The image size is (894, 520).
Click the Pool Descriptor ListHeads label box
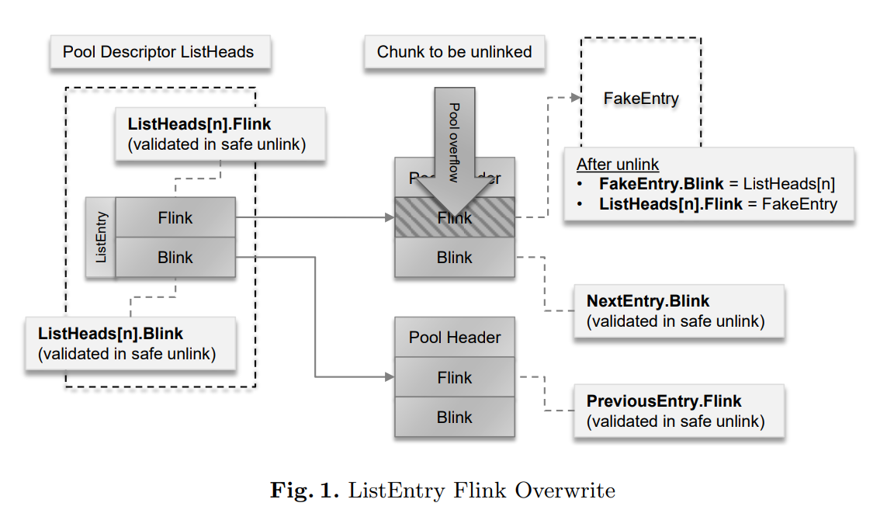(x=158, y=53)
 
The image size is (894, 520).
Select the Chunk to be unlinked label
(x=454, y=53)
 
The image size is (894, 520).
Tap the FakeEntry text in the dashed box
(x=641, y=99)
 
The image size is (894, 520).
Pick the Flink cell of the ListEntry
(x=175, y=217)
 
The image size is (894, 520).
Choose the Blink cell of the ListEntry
(x=175, y=257)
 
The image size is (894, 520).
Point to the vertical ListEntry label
(x=101, y=237)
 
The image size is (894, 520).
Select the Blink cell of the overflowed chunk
(x=455, y=258)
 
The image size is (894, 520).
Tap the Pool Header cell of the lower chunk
(x=455, y=338)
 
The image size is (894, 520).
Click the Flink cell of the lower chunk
(x=455, y=378)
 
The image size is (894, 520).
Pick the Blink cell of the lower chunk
(x=455, y=418)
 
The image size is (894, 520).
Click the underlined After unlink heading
(x=618, y=165)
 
